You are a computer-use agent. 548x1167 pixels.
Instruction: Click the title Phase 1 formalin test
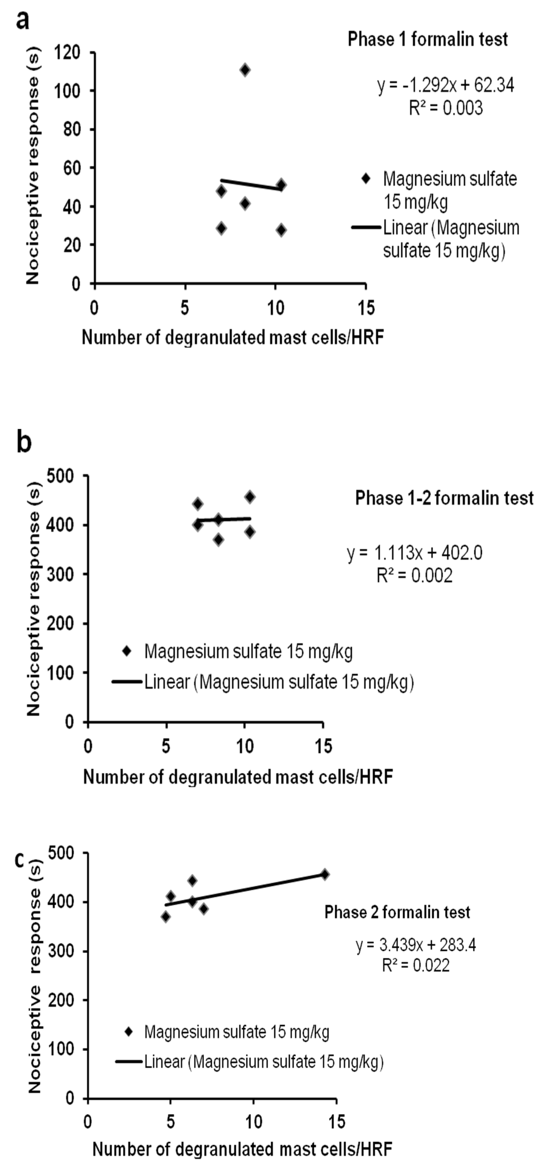point(428,40)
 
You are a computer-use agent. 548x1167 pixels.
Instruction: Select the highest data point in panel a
point(245,70)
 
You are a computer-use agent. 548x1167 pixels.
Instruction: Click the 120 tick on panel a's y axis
point(67,53)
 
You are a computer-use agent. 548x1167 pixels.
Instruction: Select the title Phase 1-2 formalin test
point(444,498)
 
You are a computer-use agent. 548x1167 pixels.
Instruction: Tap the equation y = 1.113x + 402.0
point(415,553)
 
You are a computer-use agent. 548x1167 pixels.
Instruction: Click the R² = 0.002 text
point(414,575)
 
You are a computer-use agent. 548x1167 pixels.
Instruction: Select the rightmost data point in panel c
point(325,874)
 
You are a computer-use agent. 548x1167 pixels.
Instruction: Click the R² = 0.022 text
point(416,965)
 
